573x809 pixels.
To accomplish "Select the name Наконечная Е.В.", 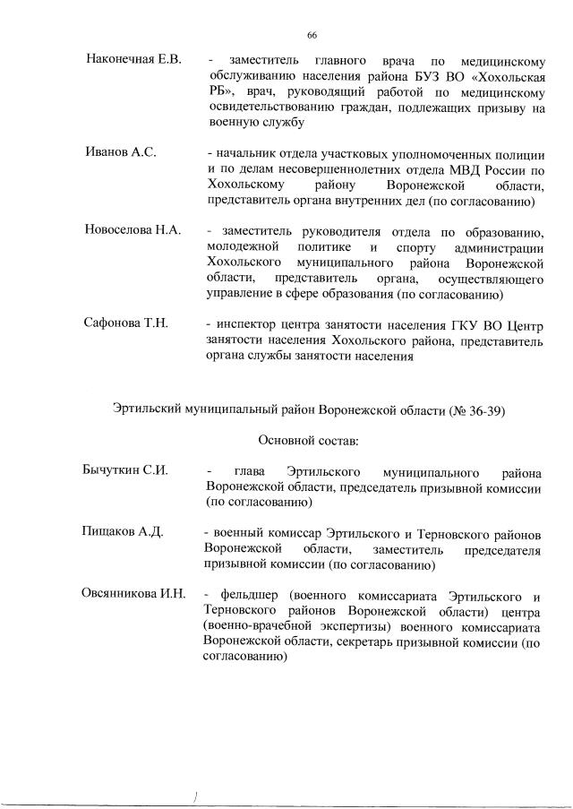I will tap(133, 60).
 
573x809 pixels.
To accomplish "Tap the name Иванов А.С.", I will tap(121, 152).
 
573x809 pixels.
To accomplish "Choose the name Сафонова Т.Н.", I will tap(126, 323).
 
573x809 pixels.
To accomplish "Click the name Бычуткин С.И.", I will tap(126, 470).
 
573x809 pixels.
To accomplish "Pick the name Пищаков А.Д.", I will tap(124, 531).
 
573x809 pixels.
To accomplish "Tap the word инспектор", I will tap(247, 323).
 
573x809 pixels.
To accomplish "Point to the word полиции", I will tap(521, 153).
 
